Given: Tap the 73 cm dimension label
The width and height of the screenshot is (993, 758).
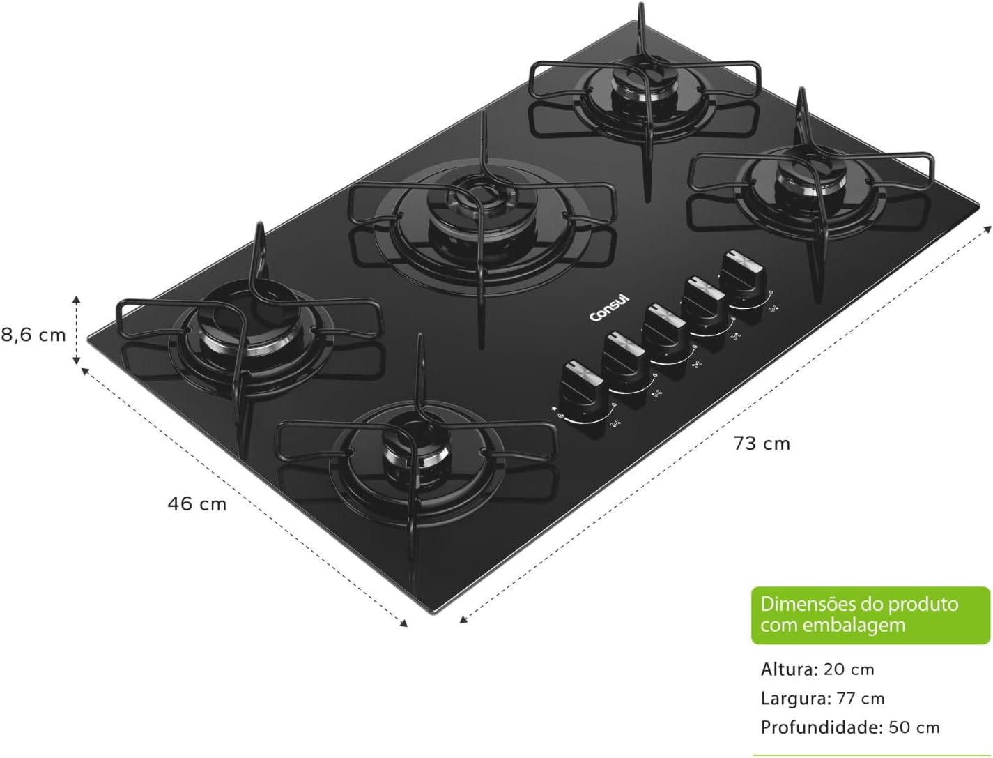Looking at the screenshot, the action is click(762, 444).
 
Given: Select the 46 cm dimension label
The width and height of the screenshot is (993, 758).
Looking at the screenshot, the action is click(197, 503).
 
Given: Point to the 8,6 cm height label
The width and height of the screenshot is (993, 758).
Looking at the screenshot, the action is click(33, 335).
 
